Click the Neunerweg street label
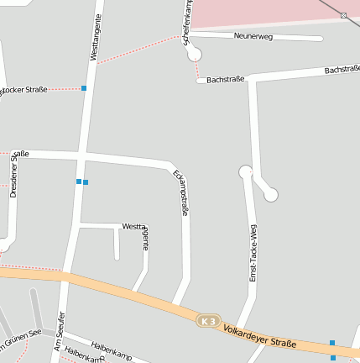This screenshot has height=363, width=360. click(253, 36)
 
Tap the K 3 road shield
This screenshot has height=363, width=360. click(208, 321)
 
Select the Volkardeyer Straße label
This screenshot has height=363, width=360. click(260, 336)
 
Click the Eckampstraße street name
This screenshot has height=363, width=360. click(180, 193)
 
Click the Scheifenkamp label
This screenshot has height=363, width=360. click(188, 23)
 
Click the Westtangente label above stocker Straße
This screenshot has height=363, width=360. click(95, 37)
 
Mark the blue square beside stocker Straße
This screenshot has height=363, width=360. click(84, 87)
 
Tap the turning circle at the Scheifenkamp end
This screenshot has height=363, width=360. click(195, 55)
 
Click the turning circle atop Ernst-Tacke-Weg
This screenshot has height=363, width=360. click(246, 172)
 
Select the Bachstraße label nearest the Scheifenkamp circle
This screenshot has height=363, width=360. click(225, 79)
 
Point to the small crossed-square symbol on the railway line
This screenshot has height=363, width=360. click(344, 15)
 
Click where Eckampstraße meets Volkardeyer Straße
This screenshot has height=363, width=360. click(175, 306)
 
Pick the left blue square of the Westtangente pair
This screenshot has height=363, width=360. click(79, 181)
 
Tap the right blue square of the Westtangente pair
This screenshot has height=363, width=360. click(86, 181)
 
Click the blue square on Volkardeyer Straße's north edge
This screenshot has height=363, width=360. click(332, 343)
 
